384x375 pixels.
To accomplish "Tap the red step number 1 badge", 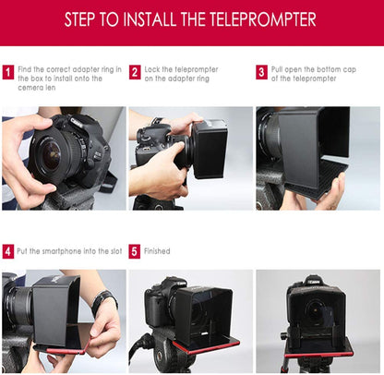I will (x=8, y=71).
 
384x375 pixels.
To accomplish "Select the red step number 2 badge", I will (x=135, y=71).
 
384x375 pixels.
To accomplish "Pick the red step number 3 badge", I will (x=262, y=71).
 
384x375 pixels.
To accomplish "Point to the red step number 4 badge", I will (x=8, y=250).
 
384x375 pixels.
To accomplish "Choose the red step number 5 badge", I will (x=135, y=250).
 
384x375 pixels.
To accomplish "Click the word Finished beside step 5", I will (x=157, y=250).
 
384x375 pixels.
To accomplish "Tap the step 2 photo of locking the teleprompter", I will (x=190, y=157).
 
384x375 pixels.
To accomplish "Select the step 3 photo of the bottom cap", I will (x=318, y=157).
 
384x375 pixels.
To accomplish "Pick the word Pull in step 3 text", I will (x=279, y=67).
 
